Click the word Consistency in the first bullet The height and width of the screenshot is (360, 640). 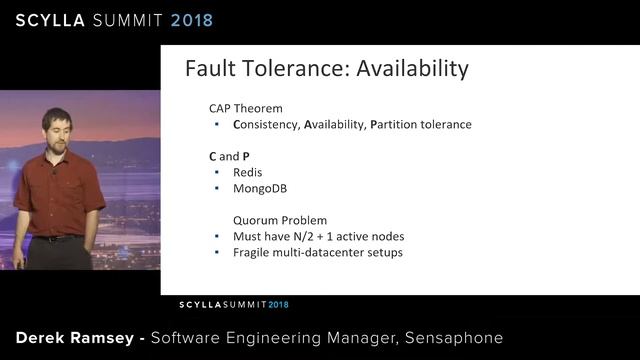265,125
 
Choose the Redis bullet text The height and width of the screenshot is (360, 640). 247,172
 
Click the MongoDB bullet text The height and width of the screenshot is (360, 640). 260,188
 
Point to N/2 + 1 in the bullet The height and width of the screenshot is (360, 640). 316,236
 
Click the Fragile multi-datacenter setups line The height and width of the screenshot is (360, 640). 318,252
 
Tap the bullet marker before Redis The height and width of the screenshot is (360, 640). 217,172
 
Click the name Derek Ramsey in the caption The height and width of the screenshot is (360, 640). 75,338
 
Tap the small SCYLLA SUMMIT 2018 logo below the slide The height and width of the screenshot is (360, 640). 233,304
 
